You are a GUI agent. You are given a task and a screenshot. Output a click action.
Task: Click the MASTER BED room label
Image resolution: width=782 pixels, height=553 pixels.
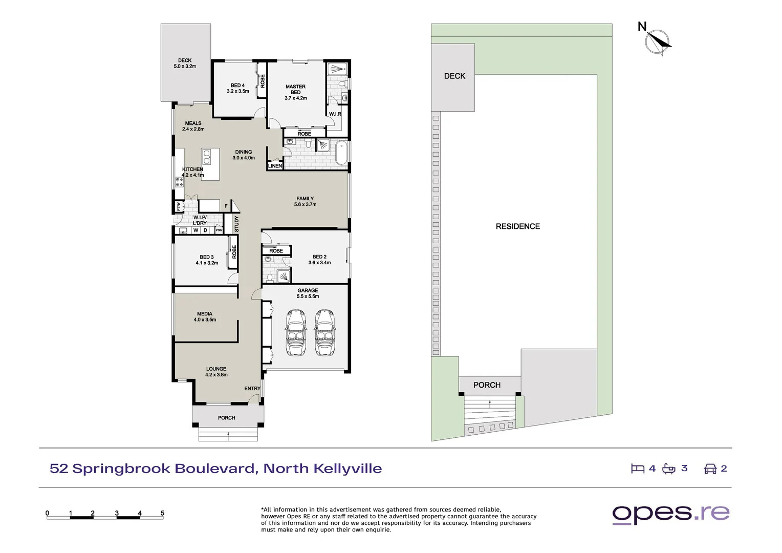click(x=295, y=92)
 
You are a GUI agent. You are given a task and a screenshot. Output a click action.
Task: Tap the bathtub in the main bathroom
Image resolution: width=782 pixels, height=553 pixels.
click(x=341, y=153)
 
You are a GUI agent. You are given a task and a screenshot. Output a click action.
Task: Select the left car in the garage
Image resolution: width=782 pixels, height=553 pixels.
click(x=296, y=333)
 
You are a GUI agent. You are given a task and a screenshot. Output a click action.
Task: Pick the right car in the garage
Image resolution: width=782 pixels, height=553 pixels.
click(x=324, y=333)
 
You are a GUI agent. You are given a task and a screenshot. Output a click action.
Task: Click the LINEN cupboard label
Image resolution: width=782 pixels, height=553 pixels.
click(x=275, y=165)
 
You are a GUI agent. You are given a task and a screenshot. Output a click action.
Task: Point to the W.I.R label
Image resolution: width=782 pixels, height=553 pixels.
click(x=335, y=114)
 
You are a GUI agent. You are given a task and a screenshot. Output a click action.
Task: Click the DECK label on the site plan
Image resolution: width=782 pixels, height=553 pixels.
click(x=454, y=76)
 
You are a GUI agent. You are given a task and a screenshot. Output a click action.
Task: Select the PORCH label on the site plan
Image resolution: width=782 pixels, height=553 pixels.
click(x=487, y=385)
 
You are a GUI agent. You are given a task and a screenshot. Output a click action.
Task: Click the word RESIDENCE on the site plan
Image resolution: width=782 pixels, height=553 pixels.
click(x=518, y=226)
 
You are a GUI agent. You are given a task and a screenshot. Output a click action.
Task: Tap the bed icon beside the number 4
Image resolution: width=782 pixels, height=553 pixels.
click(x=638, y=469)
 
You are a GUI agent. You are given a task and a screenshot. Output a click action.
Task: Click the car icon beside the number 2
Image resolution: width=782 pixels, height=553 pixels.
click(x=710, y=469)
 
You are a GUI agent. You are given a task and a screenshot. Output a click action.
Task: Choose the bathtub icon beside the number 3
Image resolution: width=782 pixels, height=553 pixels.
click(x=668, y=469)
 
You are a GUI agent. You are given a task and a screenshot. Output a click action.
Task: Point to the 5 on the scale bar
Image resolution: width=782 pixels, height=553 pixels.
click(x=162, y=513)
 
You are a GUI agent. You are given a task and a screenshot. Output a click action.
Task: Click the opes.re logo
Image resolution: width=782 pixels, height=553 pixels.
click(x=670, y=514)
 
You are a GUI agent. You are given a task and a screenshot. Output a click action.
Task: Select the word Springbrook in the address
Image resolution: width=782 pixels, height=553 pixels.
click(x=121, y=469)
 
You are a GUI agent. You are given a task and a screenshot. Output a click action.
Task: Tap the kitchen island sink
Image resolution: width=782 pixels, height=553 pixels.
click(x=207, y=157)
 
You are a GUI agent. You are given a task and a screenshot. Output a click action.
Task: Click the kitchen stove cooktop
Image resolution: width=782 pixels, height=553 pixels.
click(x=179, y=182)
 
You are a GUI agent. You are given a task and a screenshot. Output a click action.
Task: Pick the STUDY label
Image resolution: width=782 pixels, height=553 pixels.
click(x=236, y=224)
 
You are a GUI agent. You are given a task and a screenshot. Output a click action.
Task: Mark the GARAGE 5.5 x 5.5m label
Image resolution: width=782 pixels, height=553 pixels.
click(x=308, y=293)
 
